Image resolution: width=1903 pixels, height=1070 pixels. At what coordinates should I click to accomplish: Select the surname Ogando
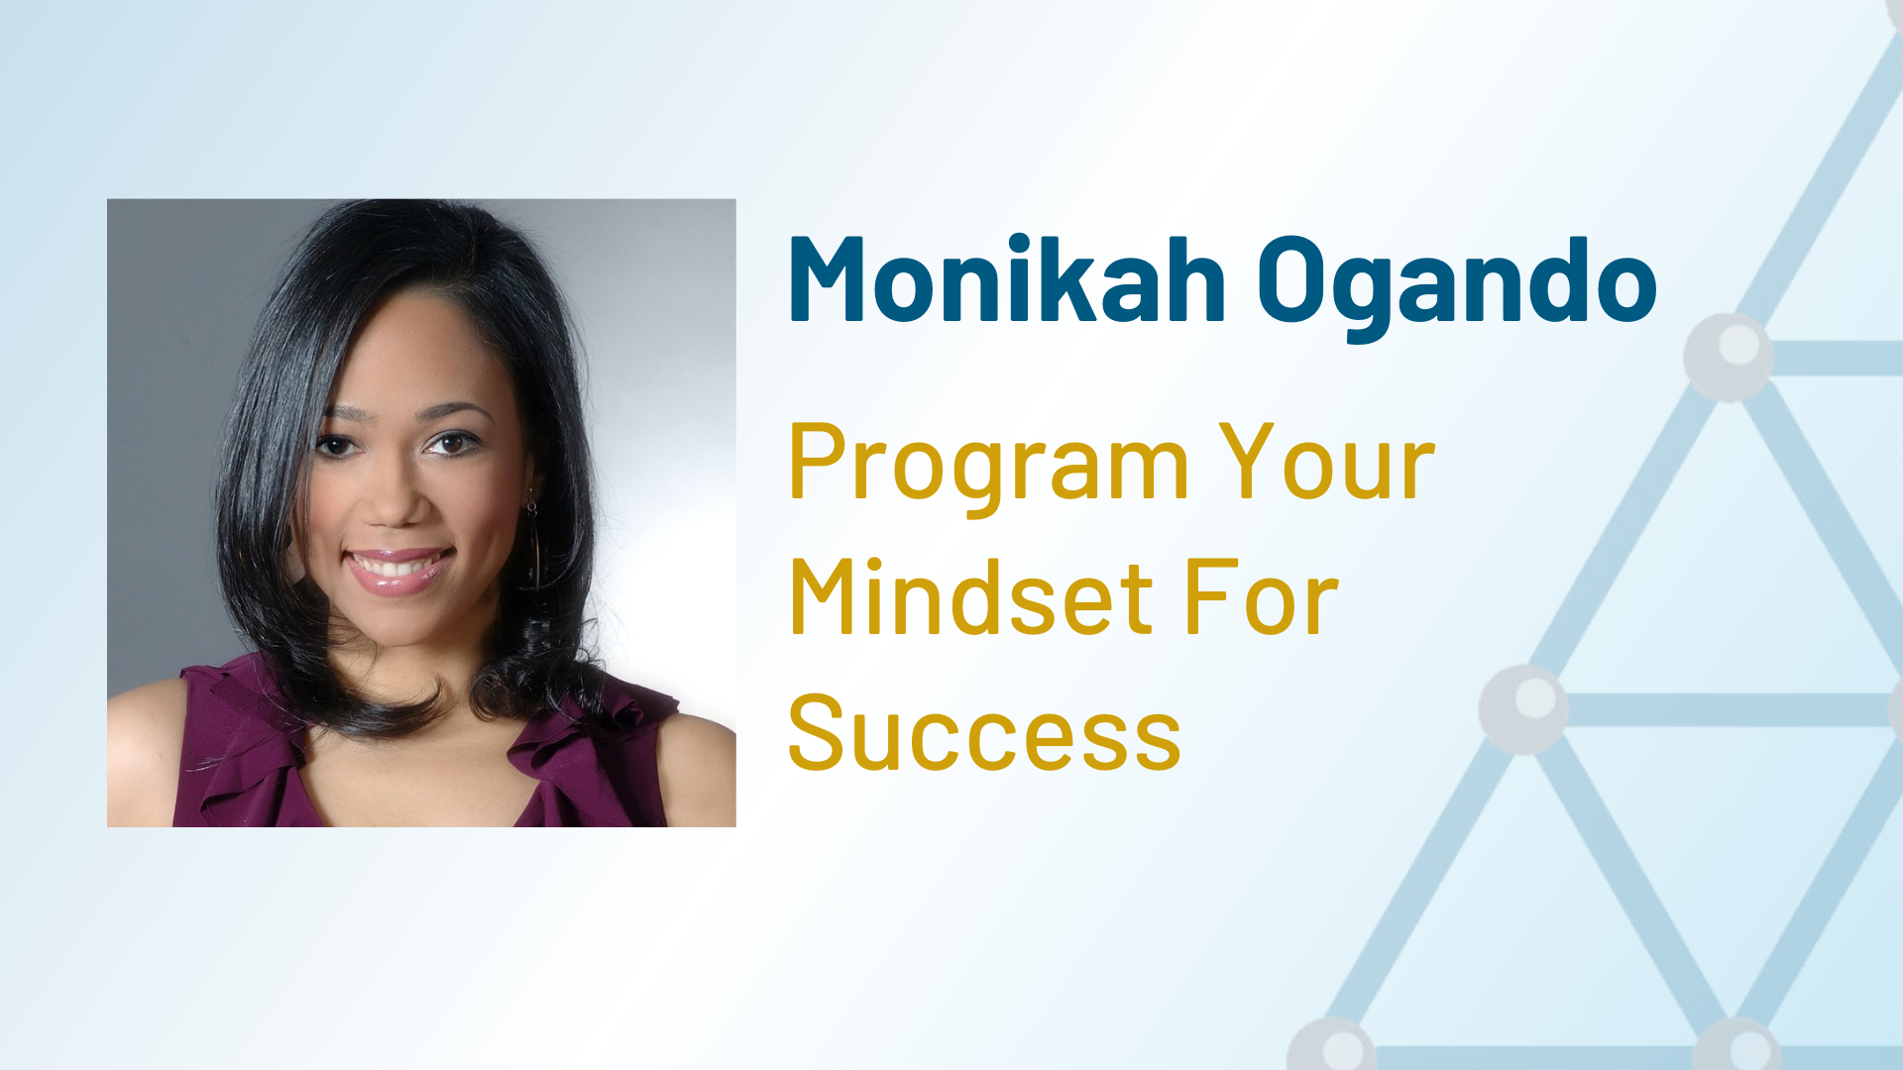[1457, 288]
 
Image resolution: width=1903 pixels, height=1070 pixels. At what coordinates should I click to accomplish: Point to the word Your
[1327, 461]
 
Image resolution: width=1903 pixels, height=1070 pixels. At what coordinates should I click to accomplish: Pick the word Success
[985, 732]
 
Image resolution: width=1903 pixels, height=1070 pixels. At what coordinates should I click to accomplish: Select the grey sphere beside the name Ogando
[1729, 357]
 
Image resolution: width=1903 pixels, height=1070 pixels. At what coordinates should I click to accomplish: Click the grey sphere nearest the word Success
[1523, 709]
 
